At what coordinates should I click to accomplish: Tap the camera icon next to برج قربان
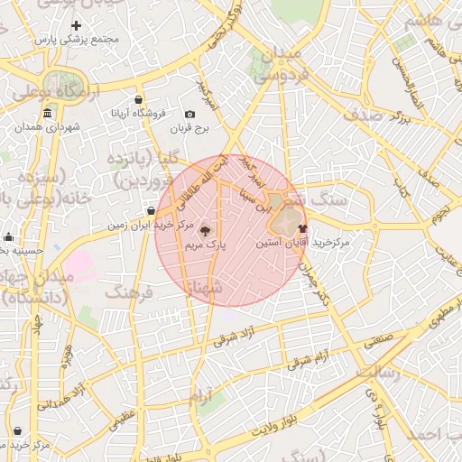(x=189, y=115)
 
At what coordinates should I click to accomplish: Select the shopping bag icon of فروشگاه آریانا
(x=137, y=99)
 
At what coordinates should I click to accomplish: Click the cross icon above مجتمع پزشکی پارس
(x=76, y=26)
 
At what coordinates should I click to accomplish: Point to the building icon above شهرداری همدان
(x=47, y=113)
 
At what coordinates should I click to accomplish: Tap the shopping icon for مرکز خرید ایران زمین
(x=151, y=211)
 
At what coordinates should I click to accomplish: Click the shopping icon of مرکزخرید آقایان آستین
(x=301, y=228)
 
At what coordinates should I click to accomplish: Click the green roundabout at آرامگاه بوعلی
(x=63, y=80)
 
